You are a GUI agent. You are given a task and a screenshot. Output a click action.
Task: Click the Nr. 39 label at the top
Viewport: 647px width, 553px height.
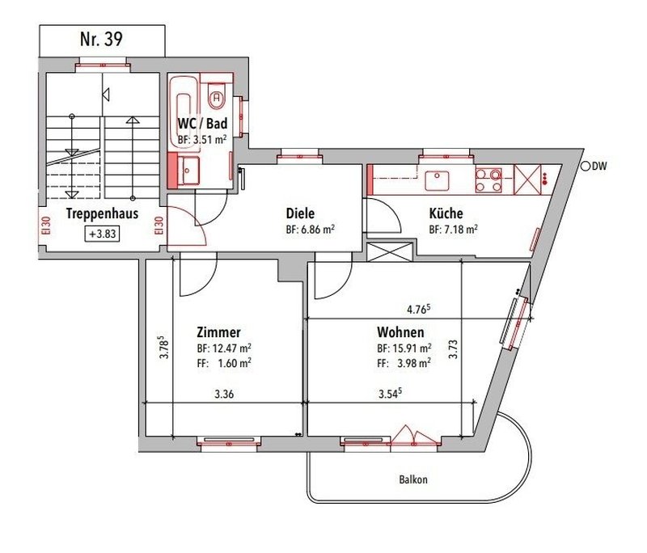click(x=102, y=40)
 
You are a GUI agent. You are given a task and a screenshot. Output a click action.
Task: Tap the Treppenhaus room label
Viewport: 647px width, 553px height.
click(x=102, y=215)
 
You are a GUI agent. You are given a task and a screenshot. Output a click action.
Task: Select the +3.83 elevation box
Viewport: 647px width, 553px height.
click(x=102, y=234)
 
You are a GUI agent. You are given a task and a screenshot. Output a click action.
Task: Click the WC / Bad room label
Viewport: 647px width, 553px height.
click(x=202, y=124)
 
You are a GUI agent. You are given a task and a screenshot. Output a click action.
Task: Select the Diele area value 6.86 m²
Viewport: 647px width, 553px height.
click(x=310, y=230)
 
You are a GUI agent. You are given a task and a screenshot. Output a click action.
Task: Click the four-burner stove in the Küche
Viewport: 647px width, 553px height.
click(x=488, y=179)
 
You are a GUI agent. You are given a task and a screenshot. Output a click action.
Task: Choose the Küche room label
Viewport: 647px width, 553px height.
click(x=446, y=214)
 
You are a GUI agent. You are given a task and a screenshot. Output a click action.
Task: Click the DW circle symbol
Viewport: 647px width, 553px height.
click(x=586, y=167)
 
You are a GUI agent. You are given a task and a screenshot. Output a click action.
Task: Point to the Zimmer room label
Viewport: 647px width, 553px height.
click(x=218, y=332)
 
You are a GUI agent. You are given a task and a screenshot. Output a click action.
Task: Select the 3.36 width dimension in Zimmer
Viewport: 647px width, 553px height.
click(x=224, y=395)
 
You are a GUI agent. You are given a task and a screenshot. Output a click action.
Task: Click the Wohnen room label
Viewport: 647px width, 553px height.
click(x=400, y=332)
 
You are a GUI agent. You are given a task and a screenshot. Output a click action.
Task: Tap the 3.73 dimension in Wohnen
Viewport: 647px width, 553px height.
click(x=455, y=348)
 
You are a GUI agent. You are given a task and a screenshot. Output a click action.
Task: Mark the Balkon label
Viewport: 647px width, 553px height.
click(x=413, y=479)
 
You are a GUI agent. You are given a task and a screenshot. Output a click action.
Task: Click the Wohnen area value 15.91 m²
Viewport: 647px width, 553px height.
click(x=403, y=348)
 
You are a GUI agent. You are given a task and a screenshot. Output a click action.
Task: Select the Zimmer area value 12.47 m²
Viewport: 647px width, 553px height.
click(x=223, y=348)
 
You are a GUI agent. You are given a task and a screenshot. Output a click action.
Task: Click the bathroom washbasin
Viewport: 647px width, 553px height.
click(x=191, y=170)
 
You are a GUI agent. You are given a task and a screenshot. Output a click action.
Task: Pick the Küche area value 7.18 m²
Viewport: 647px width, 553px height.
click(x=452, y=230)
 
